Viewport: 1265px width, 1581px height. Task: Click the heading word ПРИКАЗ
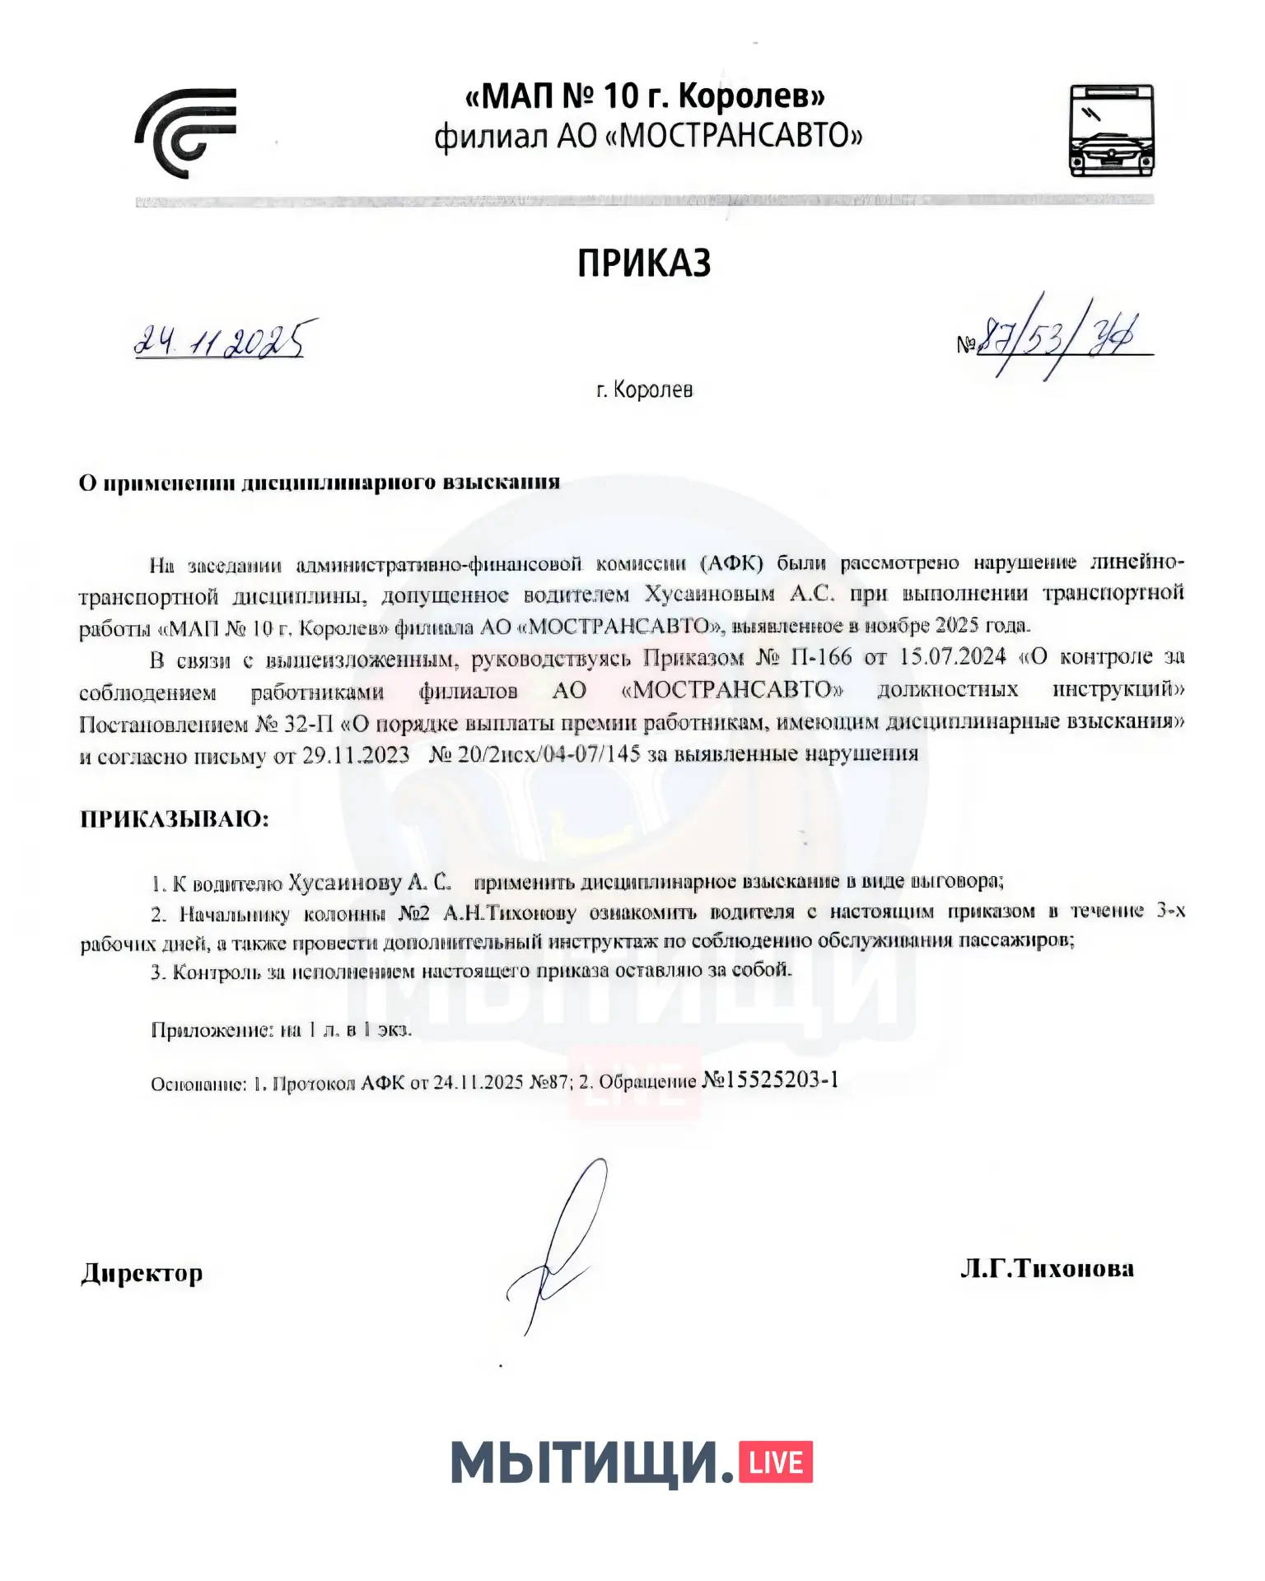tap(643, 263)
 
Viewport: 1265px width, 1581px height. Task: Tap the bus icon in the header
tap(1111, 130)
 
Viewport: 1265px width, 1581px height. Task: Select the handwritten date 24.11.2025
tap(224, 338)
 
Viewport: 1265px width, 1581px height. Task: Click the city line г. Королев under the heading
tap(644, 389)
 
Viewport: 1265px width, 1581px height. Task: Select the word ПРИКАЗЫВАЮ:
tap(175, 818)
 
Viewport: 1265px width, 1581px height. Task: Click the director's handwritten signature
tap(560, 1243)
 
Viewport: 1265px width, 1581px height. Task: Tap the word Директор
tap(142, 1273)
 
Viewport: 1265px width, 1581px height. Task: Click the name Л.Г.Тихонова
tap(1047, 1269)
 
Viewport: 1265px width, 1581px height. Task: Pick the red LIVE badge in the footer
tap(776, 1462)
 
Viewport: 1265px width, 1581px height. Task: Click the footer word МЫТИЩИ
tap(591, 1463)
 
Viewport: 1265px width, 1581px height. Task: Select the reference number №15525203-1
tap(770, 1080)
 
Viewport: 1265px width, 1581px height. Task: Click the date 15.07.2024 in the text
tap(953, 656)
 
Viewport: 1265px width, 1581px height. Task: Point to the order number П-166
tap(822, 657)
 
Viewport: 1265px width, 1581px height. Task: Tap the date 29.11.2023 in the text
tap(356, 755)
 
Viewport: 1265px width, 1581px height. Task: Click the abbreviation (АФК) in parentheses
tap(731, 563)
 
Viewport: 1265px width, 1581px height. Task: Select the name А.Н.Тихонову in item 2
tap(510, 913)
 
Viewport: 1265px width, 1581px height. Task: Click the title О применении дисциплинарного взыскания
tap(320, 483)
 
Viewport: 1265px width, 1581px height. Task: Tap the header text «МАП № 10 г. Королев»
tap(645, 96)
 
